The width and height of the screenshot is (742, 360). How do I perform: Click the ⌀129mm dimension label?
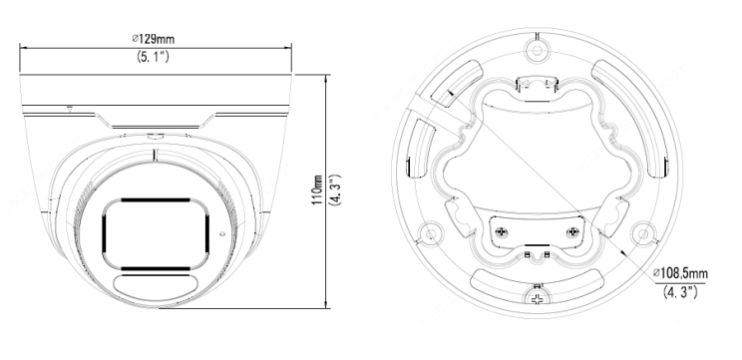point(153,38)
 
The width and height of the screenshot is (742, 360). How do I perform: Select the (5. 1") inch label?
point(153,57)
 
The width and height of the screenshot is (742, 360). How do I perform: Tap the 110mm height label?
point(317,189)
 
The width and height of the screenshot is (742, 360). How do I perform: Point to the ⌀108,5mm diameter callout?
point(680,273)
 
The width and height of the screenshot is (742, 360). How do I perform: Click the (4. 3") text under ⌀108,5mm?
point(680,291)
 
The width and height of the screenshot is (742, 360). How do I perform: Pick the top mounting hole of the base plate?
point(537,50)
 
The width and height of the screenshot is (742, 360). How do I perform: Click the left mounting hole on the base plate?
point(430,233)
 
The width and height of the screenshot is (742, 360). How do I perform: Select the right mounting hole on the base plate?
point(643,233)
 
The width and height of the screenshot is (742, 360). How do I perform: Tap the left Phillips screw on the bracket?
point(501,232)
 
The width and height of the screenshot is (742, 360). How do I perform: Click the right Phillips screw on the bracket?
point(572,232)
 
